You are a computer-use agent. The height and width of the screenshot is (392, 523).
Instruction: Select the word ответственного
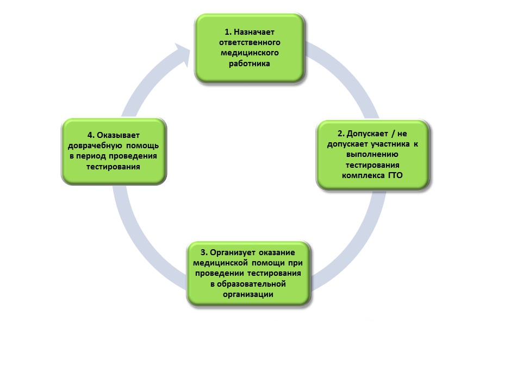(x=250, y=42)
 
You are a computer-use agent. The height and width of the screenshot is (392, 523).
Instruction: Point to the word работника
(x=250, y=64)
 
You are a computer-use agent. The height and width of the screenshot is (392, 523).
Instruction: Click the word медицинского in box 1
(x=250, y=53)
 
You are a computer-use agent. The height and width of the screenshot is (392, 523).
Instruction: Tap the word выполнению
(x=373, y=154)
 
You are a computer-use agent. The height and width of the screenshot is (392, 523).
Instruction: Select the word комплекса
(x=363, y=175)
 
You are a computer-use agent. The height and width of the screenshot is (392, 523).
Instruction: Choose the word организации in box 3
(x=248, y=294)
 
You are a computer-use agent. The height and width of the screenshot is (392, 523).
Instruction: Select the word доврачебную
(x=95, y=146)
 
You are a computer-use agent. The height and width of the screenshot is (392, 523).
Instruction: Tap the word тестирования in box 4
(x=113, y=167)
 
